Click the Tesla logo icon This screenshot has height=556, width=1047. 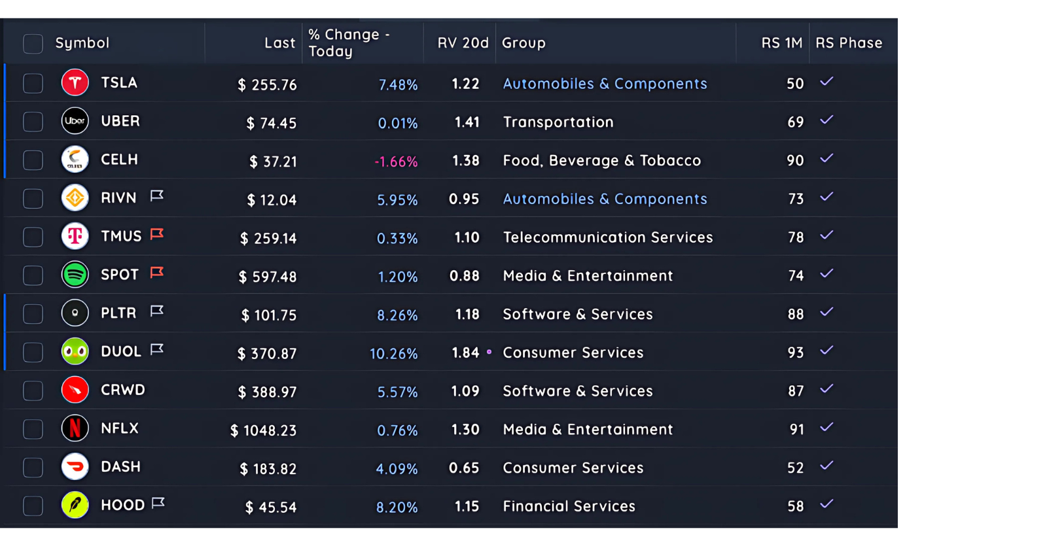point(75,83)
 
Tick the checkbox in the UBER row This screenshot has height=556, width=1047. point(33,122)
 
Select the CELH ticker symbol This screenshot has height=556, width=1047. point(119,160)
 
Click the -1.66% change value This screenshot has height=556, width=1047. point(396,162)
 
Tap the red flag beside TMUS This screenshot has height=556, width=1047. point(157,234)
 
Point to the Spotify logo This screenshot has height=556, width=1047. point(75,275)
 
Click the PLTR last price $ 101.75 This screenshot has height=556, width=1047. point(269,315)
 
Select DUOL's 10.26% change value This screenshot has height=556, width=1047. point(393,354)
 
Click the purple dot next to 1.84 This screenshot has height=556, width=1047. point(489,352)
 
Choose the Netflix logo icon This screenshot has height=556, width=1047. point(75,428)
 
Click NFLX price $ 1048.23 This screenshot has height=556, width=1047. point(264,430)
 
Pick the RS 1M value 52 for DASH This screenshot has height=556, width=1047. point(795,468)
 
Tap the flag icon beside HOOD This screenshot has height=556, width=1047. point(158,503)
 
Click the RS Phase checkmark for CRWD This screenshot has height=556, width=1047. point(826,389)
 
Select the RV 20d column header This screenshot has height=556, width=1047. point(463,43)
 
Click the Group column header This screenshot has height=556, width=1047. point(523,43)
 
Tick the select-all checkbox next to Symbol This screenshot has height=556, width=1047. point(33,44)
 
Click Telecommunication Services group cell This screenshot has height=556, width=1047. point(607,237)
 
